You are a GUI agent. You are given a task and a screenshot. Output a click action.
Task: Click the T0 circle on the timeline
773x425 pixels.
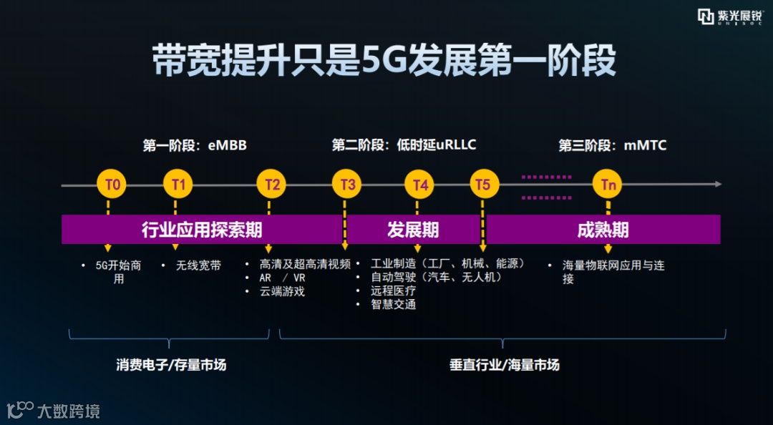(112, 185)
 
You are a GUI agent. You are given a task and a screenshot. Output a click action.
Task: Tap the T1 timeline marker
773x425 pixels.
(178, 185)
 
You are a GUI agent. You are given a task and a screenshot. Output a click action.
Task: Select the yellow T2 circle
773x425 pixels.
(272, 185)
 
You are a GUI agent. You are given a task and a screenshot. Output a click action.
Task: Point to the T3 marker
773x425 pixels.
(347, 185)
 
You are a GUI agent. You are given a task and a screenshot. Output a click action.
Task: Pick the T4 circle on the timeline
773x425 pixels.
(420, 185)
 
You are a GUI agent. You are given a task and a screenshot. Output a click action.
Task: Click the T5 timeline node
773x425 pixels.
(483, 185)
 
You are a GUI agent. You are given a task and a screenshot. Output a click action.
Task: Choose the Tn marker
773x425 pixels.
(608, 185)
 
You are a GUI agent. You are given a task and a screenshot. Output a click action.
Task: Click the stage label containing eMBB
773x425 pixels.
(195, 146)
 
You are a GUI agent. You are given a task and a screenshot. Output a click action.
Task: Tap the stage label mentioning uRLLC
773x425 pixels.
(404, 145)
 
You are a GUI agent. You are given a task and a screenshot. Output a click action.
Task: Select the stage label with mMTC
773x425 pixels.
(612, 146)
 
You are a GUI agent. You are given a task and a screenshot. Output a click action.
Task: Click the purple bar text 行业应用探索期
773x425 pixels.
(202, 230)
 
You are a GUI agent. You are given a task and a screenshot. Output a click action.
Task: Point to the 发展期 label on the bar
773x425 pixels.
(413, 230)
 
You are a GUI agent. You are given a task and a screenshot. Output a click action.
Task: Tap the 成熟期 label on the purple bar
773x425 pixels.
(603, 230)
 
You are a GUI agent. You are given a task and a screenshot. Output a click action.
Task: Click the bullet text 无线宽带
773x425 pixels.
(199, 265)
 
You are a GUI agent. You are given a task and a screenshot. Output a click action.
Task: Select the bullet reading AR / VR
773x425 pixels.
(282, 278)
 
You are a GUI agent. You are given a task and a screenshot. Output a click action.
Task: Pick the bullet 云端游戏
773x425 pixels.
(282, 291)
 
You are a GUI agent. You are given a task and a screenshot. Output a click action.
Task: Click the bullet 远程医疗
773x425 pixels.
(393, 291)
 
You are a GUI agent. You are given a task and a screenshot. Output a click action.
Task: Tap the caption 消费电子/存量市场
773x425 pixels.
(171, 365)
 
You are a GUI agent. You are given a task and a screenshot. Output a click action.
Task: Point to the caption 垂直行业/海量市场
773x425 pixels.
(504, 365)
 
